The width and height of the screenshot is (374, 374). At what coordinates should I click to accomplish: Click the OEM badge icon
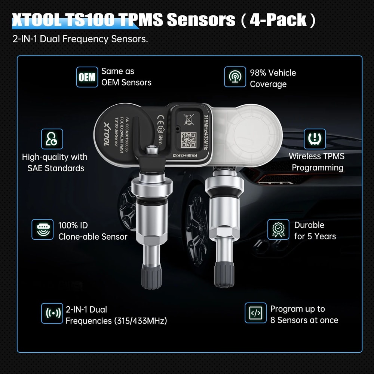click(x=87, y=77)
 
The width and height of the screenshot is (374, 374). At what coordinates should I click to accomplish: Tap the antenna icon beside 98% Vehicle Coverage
click(x=235, y=77)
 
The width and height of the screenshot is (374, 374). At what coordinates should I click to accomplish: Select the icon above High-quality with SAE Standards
click(x=52, y=139)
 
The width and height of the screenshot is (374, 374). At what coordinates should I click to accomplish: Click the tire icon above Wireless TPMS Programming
click(x=315, y=139)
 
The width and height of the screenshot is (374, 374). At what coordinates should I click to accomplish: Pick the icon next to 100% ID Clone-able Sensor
click(x=42, y=229)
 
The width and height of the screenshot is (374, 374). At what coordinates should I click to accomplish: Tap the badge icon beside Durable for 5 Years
click(x=278, y=229)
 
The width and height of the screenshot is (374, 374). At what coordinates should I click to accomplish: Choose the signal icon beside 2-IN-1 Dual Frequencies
click(x=52, y=313)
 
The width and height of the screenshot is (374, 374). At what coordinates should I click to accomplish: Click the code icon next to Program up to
click(x=255, y=313)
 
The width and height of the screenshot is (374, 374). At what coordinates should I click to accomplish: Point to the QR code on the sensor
click(x=189, y=140)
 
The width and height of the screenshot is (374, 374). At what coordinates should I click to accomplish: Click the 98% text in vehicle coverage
click(x=258, y=73)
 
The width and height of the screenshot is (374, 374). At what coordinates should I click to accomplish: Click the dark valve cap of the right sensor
click(x=224, y=274)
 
